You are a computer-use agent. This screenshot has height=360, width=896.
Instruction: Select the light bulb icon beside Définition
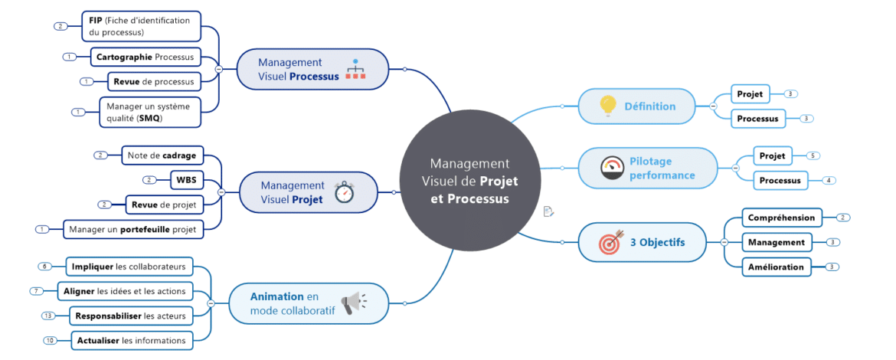coord(607,106)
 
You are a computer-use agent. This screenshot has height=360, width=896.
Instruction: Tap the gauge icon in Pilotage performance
coord(612,168)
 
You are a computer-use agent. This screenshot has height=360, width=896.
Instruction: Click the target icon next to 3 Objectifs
coord(610,243)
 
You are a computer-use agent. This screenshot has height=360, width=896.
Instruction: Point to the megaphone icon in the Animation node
coord(353,303)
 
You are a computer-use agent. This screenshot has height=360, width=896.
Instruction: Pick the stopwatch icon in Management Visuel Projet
coord(345,191)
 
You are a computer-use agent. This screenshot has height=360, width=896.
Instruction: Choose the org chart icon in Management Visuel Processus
coord(355,69)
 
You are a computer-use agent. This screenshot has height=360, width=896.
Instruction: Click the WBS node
coord(186,180)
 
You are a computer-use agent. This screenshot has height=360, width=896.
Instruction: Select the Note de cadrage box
coord(162,155)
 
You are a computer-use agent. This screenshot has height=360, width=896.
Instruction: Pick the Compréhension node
coord(781,218)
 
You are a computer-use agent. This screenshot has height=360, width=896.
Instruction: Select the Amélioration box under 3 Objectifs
coord(776,267)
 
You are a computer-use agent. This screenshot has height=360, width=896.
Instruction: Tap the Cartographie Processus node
coord(145,57)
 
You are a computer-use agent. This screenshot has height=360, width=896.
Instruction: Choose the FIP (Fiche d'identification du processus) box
coord(140,26)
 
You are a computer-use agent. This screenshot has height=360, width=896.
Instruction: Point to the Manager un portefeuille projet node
coord(132,229)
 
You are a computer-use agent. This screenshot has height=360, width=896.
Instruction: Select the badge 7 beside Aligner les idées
coord(36,291)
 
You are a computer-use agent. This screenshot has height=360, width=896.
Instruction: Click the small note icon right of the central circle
coord(548,211)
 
